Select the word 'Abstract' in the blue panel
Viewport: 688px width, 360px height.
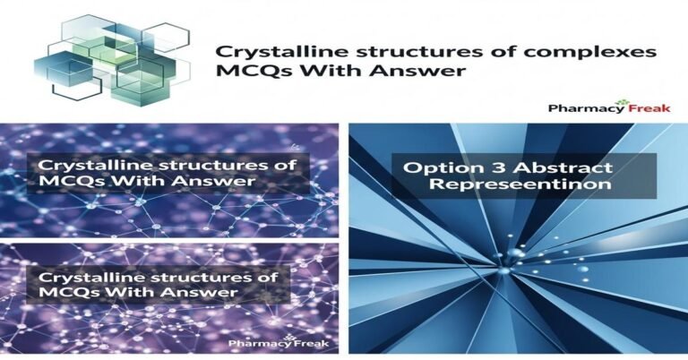557,167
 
